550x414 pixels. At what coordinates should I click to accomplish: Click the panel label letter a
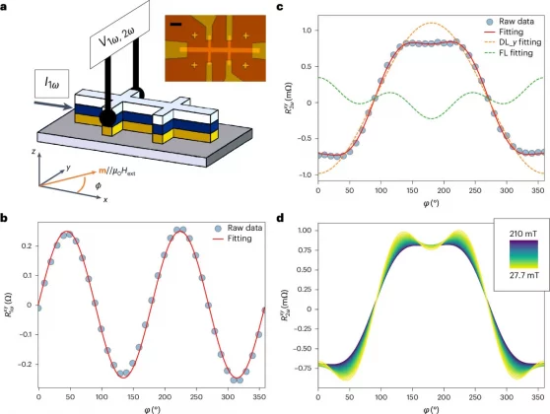point(6,7)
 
